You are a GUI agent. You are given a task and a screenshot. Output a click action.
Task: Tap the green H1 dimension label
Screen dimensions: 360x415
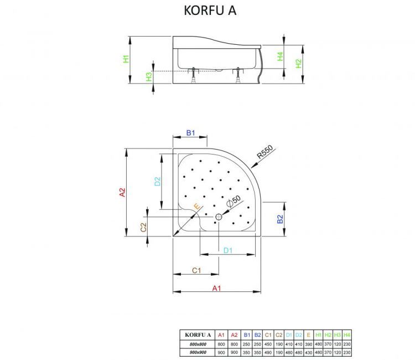pyautogui.click(x=127, y=58)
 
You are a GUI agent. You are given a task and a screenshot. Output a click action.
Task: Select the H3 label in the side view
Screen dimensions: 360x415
pyautogui.click(x=149, y=77)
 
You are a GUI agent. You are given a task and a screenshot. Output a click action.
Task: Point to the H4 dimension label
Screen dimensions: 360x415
pyautogui.click(x=281, y=56)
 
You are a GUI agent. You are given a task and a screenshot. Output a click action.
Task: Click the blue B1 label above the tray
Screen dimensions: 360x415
pyautogui.click(x=190, y=133)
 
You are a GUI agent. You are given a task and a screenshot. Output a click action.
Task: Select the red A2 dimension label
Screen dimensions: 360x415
pyautogui.click(x=123, y=192)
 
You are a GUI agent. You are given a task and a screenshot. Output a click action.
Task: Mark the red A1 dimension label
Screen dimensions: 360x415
pyautogui.click(x=217, y=287)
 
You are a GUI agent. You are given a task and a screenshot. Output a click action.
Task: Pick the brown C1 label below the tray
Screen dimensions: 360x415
pyautogui.click(x=196, y=270)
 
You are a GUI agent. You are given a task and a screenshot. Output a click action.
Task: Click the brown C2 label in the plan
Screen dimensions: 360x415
pyautogui.click(x=143, y=227)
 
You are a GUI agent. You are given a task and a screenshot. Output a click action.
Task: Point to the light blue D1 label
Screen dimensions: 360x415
pyautogui.click(x=227, y=250)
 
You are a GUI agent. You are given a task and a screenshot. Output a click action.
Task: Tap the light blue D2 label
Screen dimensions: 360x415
pyautogui.click(x=157, y=181)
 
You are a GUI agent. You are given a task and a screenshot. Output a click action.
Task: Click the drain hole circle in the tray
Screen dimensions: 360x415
pyautogui.click(x=219, y=217)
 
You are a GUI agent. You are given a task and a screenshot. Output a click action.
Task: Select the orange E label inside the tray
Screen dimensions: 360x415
pyautogui.click(x=196, y=206)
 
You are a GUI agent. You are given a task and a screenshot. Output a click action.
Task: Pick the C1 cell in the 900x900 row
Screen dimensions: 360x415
pyautogui.click(x=268, y=352)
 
